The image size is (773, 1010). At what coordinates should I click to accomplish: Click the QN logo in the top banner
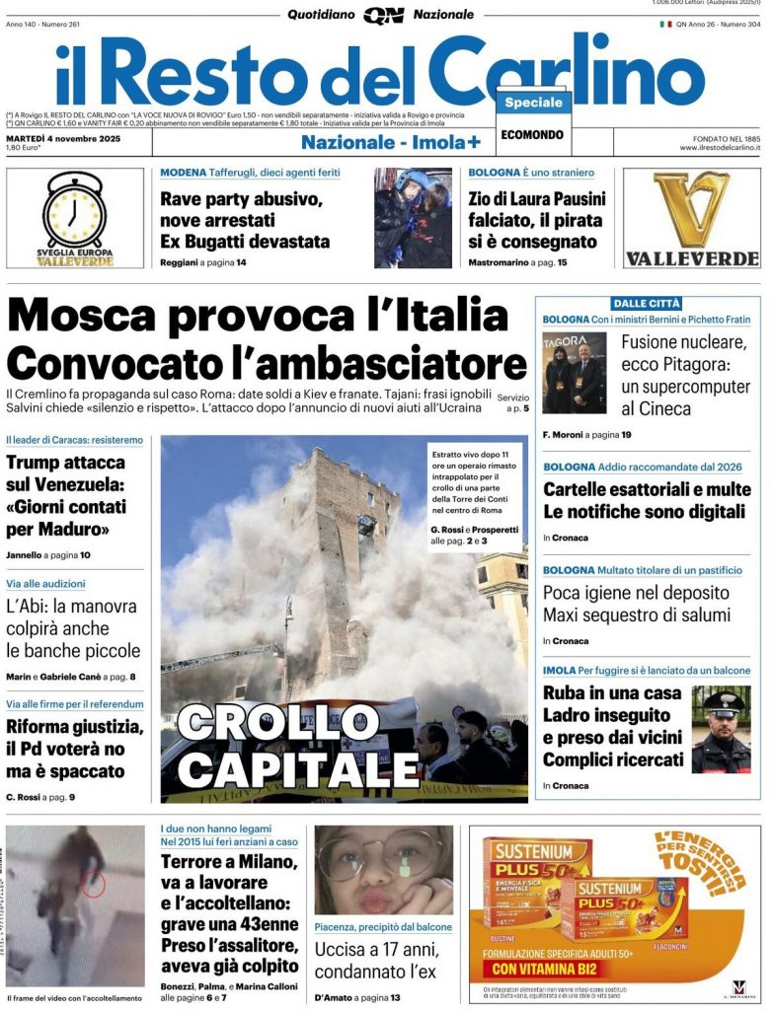pyautogui.click(x=384, y=15)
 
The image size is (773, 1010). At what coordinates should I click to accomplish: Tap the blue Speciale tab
pyautogui.click(x=533, y=103)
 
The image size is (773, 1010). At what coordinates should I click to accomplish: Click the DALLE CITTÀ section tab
pyautogui.click(x=646, y=303)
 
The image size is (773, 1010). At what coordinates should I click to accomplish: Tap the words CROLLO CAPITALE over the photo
pyautogui.click(x=298, y=747)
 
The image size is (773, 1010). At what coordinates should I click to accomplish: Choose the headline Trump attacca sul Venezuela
pyautogui.click(x=66, y=495)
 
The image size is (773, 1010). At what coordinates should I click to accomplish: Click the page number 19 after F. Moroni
pyautogui.click(x=626, y=434)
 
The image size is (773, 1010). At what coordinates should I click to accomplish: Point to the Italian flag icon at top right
pyautogui.click(x=665, y=24)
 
